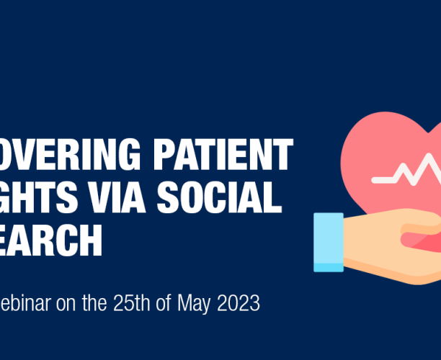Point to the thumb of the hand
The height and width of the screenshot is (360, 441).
pos(422,236)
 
